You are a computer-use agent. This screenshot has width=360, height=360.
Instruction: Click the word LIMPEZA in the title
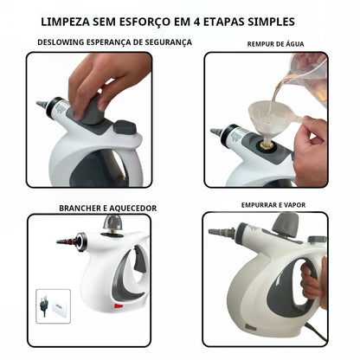(92, 20)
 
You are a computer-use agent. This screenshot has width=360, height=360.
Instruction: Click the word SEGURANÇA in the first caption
(164, 42)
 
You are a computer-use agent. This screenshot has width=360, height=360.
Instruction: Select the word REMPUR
(261, 43)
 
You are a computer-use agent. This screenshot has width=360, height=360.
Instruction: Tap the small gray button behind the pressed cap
(125, 126)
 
